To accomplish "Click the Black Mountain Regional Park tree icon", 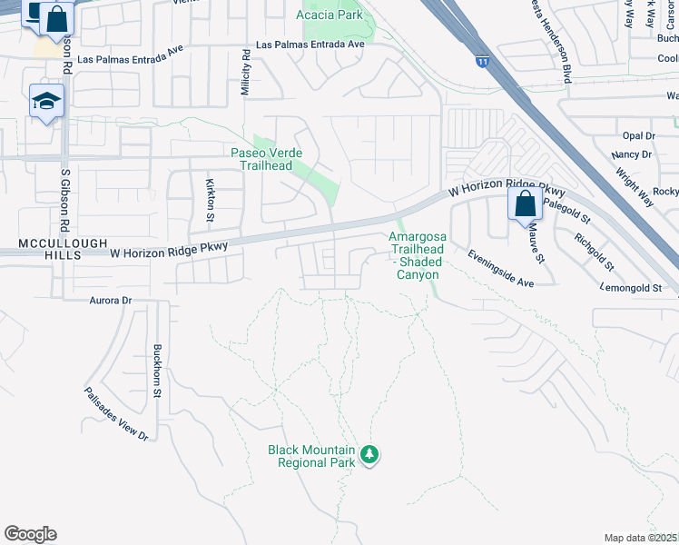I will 369,453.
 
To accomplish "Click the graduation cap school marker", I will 45,101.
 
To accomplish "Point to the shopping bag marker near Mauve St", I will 525,204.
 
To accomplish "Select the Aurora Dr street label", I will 111,300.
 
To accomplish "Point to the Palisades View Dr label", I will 115,413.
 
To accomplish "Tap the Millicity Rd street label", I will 245,74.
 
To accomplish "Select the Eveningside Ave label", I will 500,269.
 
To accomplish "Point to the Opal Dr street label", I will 639,135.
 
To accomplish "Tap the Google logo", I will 30,534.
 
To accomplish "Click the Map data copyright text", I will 641,538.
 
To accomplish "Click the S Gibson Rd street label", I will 64,196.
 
